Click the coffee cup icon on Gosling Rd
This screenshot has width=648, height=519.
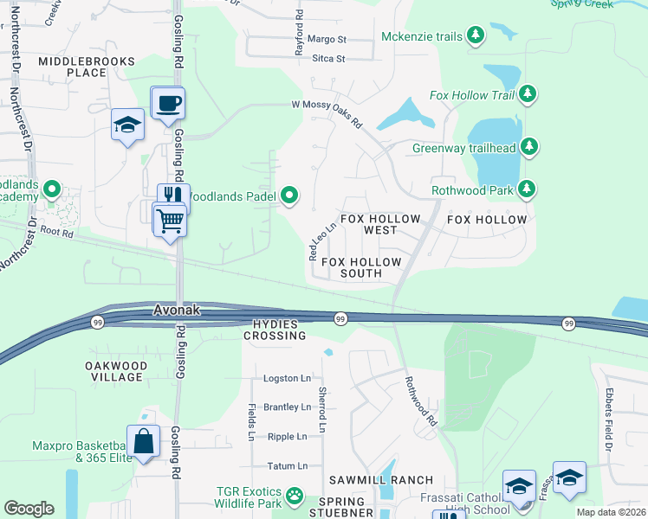coord(168,104)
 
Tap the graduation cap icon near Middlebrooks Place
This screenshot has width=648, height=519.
coord(127,125)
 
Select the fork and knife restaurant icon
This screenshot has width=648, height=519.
coord(173,198)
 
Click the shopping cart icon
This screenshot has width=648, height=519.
coord(170,221)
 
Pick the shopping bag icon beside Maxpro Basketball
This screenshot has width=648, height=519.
coord(144,442)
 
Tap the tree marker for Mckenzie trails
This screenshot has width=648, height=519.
coord(475,35)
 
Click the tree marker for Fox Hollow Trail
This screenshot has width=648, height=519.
coord(527,94)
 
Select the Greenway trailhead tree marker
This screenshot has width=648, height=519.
coord(527,147)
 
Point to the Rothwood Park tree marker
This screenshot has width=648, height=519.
coord(527,189)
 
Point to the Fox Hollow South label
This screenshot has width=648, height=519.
coord(361,267)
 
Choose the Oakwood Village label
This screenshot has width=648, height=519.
coord(114,371)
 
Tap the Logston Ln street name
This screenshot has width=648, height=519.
coord(287,379)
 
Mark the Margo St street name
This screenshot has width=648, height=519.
coord(327,40)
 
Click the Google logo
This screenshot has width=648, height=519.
coord(29,508)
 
